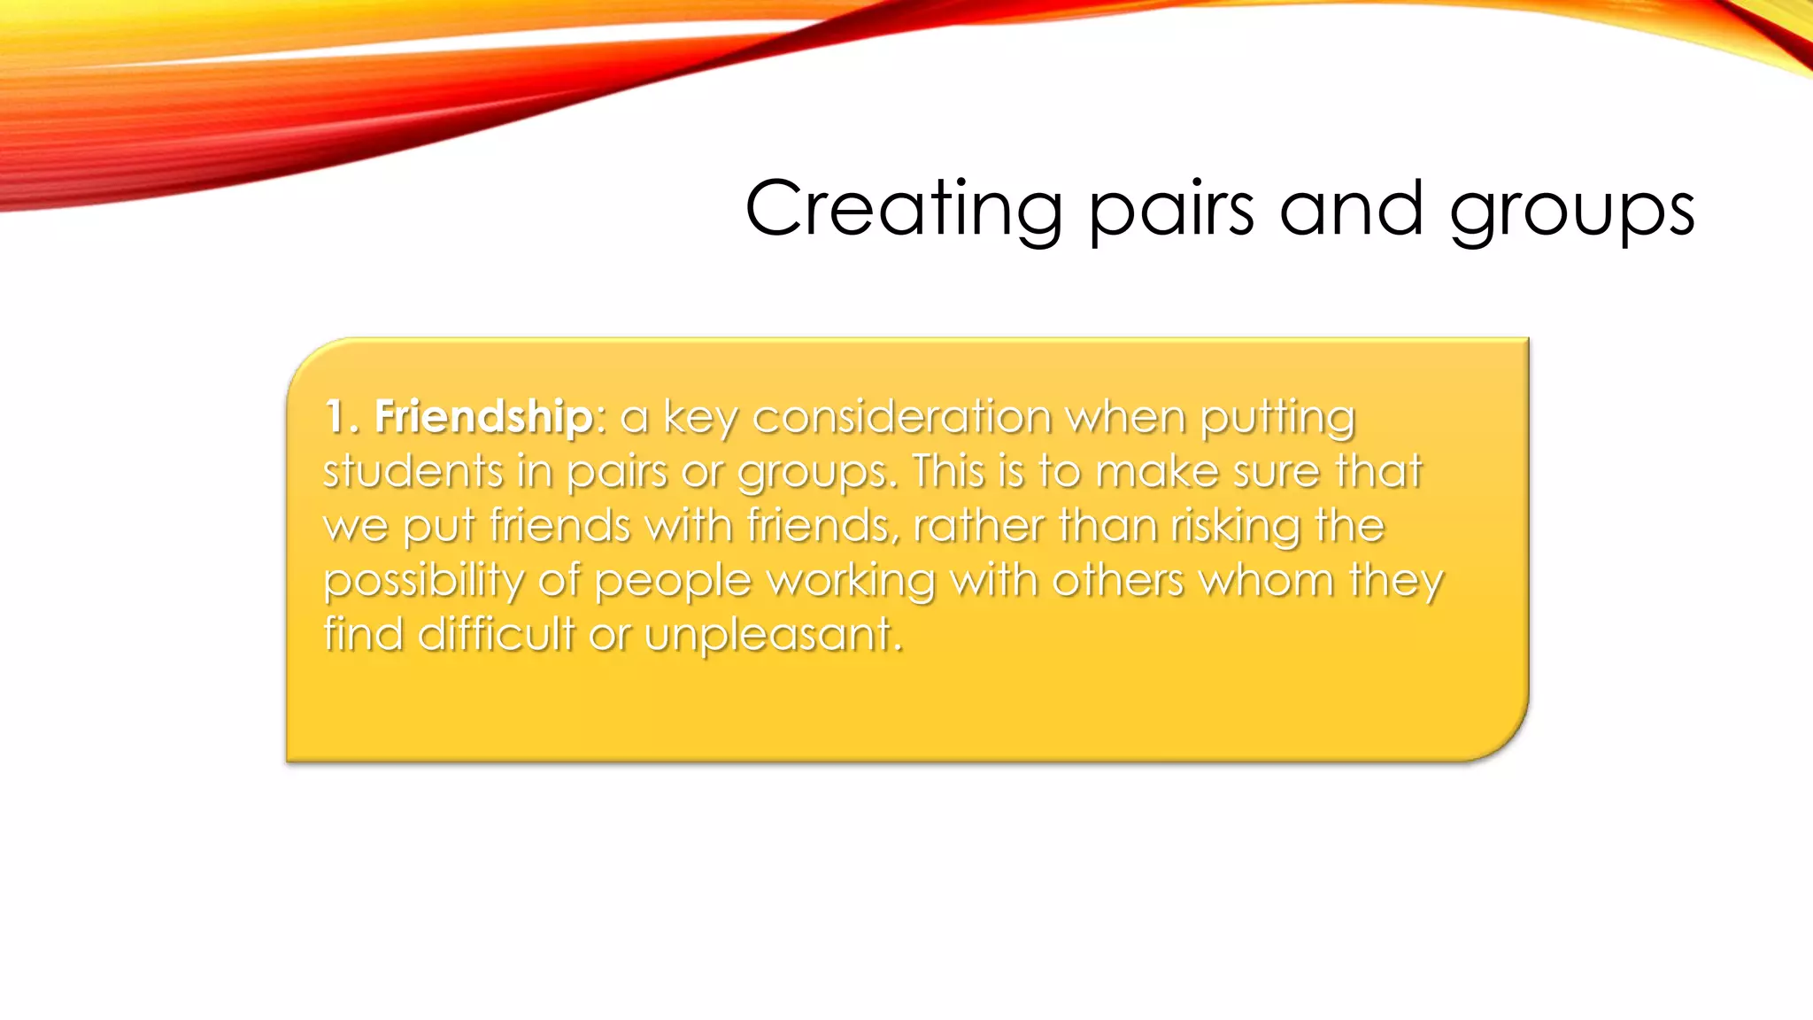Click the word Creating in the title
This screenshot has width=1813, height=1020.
click(903, 209)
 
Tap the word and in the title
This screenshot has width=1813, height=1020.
click(1351, 209)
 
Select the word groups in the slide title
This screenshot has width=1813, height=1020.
click(1571, 212)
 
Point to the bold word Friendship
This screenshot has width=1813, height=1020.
click(483, 416)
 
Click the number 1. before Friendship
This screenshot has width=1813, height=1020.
click(341, 416)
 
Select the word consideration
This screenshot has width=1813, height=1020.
click(901, 416)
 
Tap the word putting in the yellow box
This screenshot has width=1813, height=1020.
click(1277, 418)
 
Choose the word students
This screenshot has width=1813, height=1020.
click(413, 470)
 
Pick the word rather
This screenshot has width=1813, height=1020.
click(978, 525)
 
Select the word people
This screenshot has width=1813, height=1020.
click(673, 582)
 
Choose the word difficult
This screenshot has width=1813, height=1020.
click(496, 634)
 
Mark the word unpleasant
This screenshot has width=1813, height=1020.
click(774, 636)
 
